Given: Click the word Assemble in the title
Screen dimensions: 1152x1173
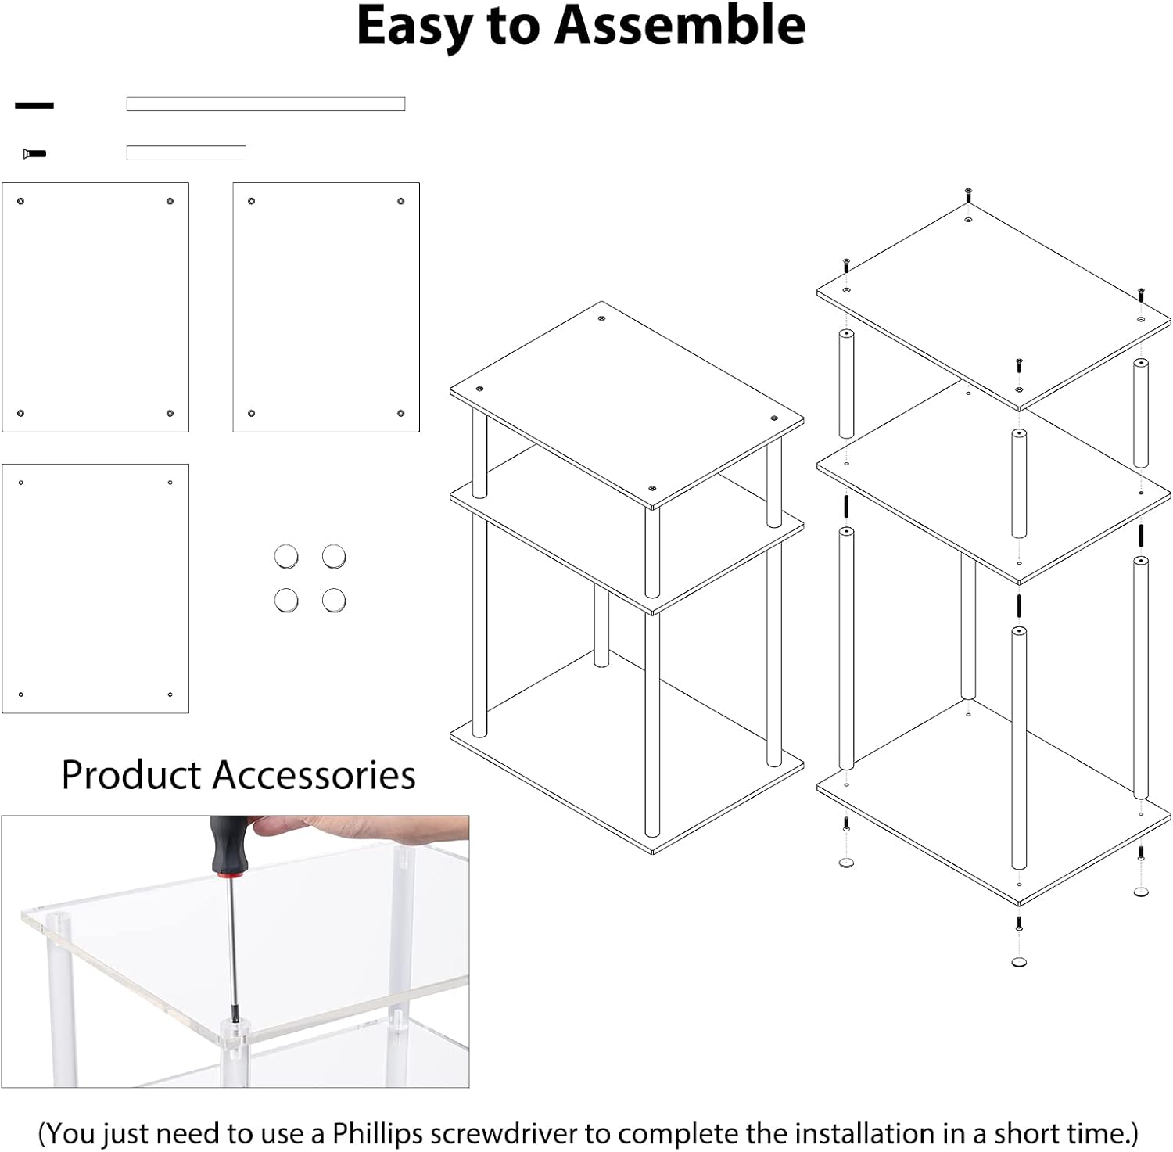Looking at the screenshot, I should tap(680, 25).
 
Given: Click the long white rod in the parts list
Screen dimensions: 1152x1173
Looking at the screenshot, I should tap(266, 104).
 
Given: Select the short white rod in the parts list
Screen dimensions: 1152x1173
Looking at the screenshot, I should tap(186, 153).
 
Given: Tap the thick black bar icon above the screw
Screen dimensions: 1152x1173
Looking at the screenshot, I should tap(34, 106).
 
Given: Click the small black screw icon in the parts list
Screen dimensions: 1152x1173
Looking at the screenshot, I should tap(34, 153).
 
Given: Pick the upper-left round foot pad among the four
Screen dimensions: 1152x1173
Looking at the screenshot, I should tap(286, 557).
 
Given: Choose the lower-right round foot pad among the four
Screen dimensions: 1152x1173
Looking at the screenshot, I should tap(334, 600).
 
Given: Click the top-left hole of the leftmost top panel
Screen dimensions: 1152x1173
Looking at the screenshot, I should tap(21, 202).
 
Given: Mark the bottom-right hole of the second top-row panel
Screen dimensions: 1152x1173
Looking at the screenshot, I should tap(401, 413).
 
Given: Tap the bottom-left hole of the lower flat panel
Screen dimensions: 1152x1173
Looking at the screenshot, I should tap(21, 694).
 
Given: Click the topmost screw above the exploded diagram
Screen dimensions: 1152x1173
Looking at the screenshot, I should tap(968, 192).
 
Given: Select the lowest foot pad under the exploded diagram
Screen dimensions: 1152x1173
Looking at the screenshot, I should tap(1019, 961).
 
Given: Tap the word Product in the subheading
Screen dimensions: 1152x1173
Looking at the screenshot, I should tap(131, 775).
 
